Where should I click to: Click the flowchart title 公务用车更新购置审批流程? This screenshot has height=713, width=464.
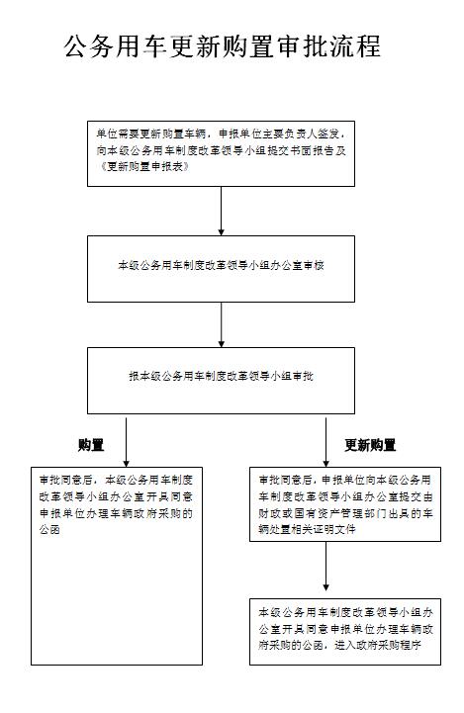tap(222, 46)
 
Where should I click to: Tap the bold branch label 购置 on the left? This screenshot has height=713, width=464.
tap(91, 445)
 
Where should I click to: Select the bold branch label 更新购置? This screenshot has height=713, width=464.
tap(370, 445)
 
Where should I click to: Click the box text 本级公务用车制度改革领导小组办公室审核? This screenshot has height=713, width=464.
tap(221, 265)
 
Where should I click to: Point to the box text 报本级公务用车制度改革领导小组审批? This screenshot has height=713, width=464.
tap(221, 376)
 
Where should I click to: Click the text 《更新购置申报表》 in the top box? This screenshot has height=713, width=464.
tap(143, 166)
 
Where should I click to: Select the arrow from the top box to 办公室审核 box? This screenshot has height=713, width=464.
tap(221, 211)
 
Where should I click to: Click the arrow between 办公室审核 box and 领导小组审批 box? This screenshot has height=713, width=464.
tap(221, 325)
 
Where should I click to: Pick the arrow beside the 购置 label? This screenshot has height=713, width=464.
tap(126, 442)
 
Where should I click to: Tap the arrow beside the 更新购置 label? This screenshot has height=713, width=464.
tap(325, 442)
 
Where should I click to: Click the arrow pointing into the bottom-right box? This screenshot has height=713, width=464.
tap(325, 566)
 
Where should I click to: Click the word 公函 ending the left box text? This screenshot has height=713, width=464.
tap(49, 530)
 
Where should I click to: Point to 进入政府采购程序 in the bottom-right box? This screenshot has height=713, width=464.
tap(378, 645)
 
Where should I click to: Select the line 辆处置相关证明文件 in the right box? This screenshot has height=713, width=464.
tap(307, 529)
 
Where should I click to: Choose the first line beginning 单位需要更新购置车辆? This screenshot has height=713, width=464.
tap(221, 134)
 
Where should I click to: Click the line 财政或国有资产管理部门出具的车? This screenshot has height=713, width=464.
tap(345, 513)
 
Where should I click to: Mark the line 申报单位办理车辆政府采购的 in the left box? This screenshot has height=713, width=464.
tap(116, 513)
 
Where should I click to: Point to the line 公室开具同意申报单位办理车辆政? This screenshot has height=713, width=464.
tap(345, 629)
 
